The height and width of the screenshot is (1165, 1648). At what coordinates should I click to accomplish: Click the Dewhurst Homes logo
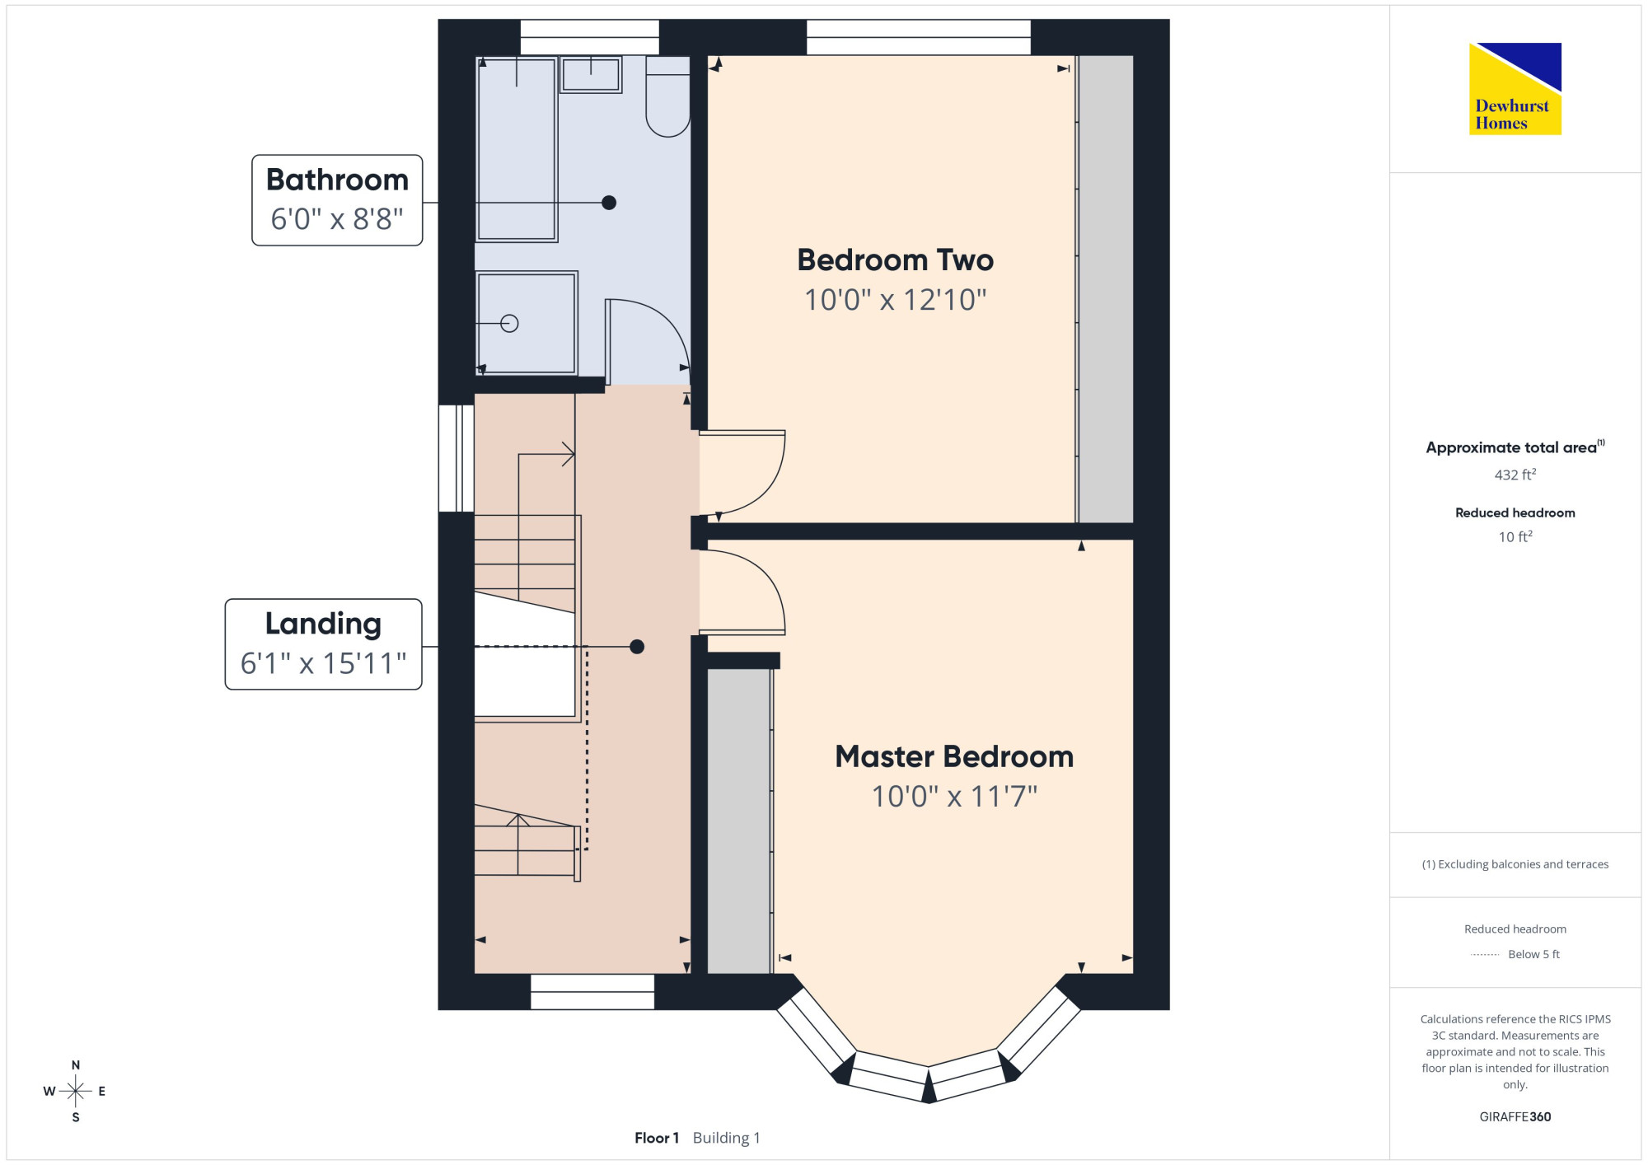[1515, 89]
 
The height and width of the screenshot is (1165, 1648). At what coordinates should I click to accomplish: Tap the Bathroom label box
[337, 200]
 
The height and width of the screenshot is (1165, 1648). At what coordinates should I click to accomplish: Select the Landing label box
[323, 644]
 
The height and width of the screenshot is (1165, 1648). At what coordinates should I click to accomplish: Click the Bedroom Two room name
[895, 260]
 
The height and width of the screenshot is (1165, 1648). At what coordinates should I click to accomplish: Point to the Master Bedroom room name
[954, 757]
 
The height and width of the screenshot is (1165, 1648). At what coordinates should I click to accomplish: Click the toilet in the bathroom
[667, 96]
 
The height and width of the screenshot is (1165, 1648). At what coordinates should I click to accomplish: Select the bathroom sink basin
[591, 75]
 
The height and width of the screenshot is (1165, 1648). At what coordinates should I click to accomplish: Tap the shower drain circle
[509, 324]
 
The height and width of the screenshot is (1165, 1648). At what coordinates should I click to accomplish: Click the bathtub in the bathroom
[517, 149]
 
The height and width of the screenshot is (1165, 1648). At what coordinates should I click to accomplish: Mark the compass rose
[75, 1092]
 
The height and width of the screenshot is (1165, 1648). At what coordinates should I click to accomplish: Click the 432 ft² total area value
[1515, 475]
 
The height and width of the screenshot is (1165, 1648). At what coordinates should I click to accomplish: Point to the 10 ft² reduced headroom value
[1515, 536]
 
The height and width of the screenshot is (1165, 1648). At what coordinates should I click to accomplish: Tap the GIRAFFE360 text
[1515, 1117]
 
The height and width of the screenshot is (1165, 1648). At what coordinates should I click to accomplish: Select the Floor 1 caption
[657, 1138]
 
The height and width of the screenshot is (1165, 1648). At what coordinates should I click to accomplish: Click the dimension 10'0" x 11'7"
[954, 797]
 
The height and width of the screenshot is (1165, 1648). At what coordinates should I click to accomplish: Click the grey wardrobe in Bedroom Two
[1106, 289]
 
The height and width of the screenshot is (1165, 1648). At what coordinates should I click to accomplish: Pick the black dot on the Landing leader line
[637, 647]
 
